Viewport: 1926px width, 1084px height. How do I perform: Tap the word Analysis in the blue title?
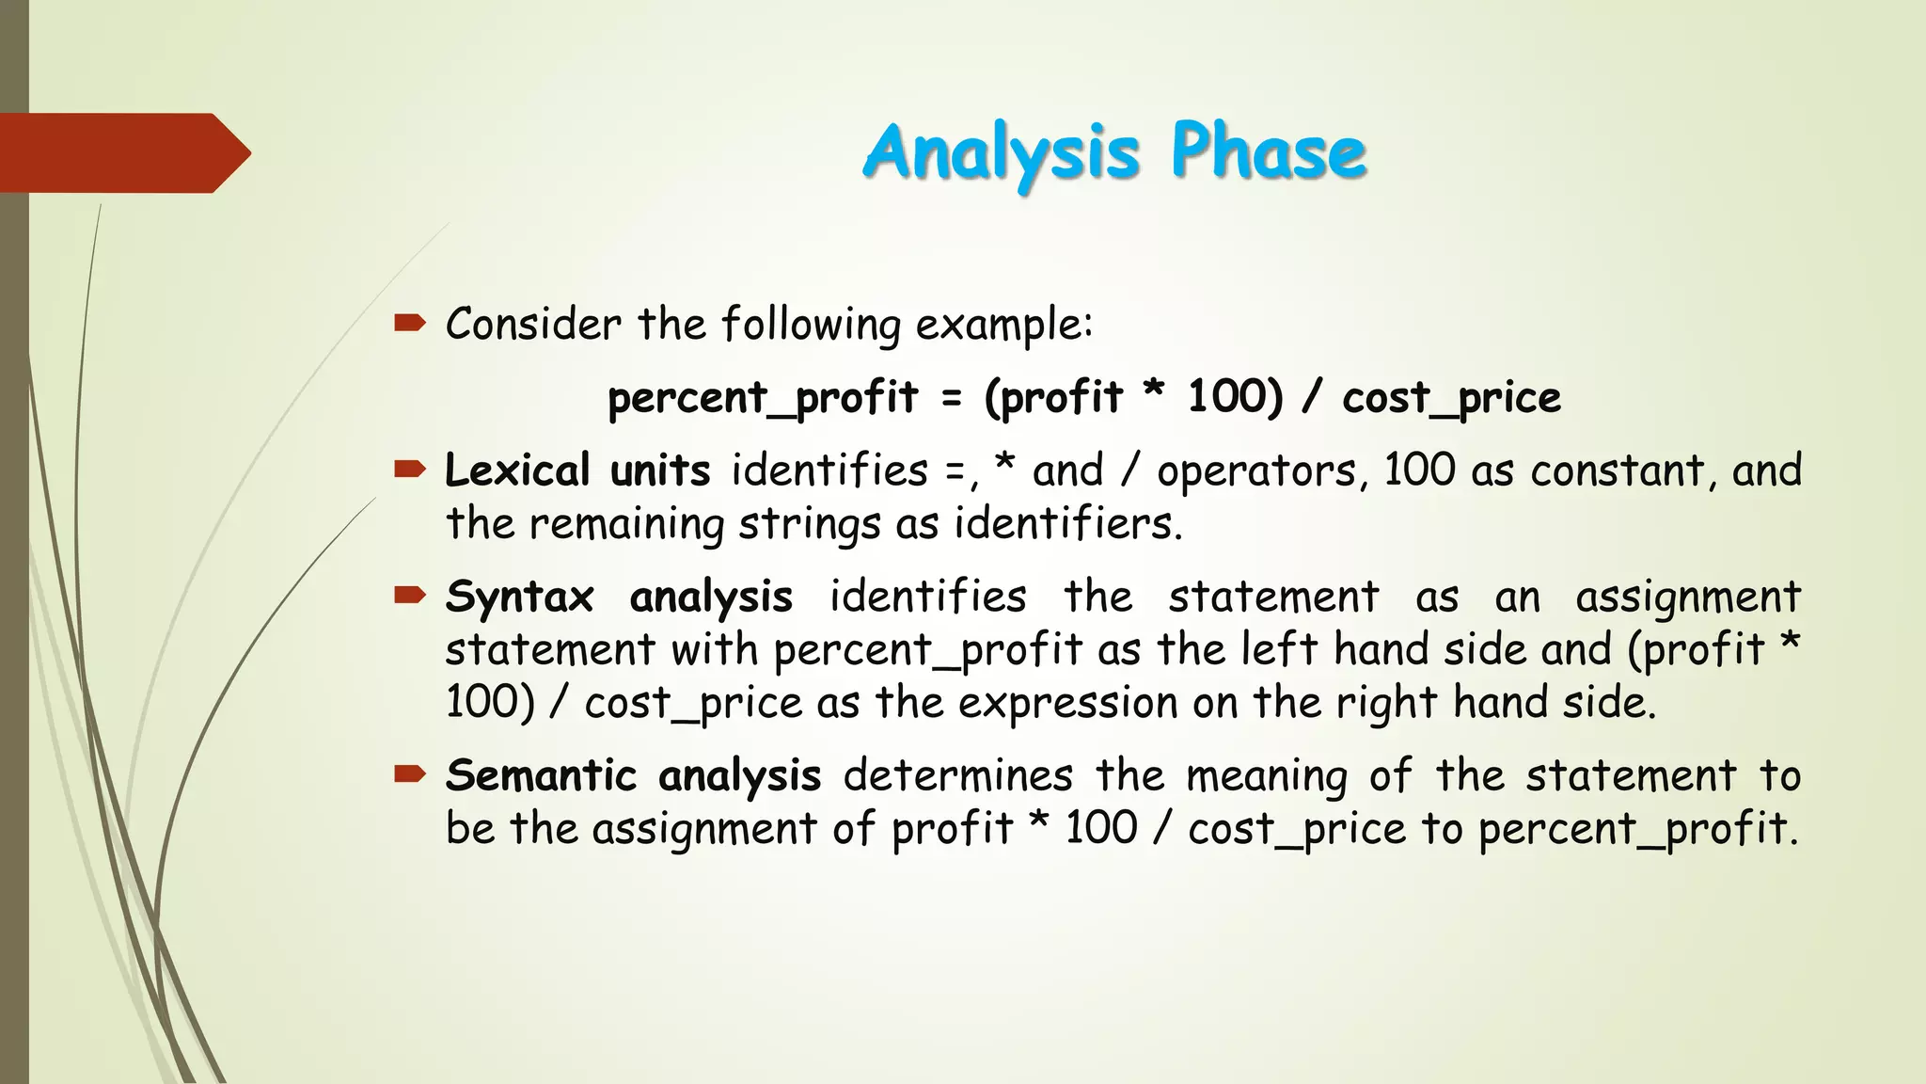1002,152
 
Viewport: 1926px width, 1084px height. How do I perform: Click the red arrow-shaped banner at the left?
122,152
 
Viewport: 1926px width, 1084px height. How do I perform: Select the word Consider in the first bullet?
533,325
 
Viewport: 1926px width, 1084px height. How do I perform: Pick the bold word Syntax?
519,598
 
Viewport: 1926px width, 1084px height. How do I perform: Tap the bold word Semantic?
542,776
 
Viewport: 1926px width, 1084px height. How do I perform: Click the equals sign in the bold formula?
952,398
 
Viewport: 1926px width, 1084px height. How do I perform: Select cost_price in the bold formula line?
1451,398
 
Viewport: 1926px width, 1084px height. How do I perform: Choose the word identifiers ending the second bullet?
1066,524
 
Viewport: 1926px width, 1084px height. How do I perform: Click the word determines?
957,776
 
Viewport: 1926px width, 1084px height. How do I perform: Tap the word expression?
1068,704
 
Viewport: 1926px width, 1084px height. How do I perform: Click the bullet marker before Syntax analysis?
410,595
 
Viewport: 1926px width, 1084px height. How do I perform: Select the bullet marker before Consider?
410,325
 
